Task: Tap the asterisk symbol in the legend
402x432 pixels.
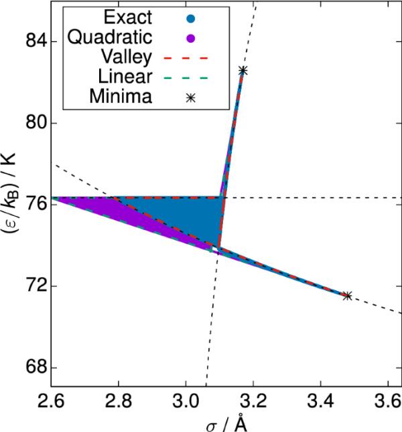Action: (191, 98)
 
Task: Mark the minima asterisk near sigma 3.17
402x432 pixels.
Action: (243, 70)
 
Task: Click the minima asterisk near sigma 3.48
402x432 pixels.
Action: (346, 295)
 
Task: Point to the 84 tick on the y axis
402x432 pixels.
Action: (33, 41)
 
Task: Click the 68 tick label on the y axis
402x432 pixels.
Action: (33, 367)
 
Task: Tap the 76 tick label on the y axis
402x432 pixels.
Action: (33, 205)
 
